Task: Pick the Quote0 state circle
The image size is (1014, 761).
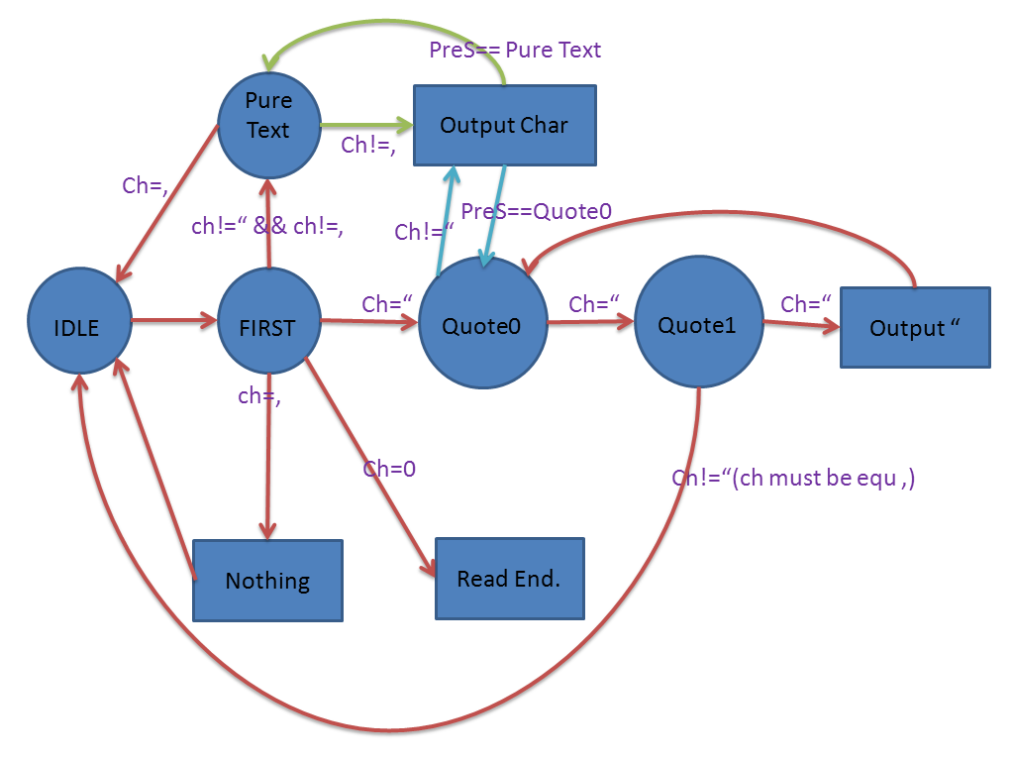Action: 482,324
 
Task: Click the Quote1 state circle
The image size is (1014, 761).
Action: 698,324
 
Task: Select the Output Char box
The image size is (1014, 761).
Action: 504,125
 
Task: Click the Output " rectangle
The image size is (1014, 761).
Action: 914,328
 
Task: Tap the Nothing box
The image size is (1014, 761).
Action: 267,581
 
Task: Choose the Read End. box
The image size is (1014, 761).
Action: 509,579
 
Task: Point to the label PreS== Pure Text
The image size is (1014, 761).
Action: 515,50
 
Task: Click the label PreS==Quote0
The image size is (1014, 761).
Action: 536,210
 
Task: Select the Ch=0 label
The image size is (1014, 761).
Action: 388,469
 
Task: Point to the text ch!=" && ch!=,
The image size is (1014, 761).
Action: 267,226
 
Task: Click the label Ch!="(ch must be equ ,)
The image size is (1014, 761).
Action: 793,478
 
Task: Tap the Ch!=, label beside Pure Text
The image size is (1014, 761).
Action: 369,145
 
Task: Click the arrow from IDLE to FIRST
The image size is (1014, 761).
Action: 173,320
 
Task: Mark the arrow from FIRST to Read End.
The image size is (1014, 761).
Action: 371,466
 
